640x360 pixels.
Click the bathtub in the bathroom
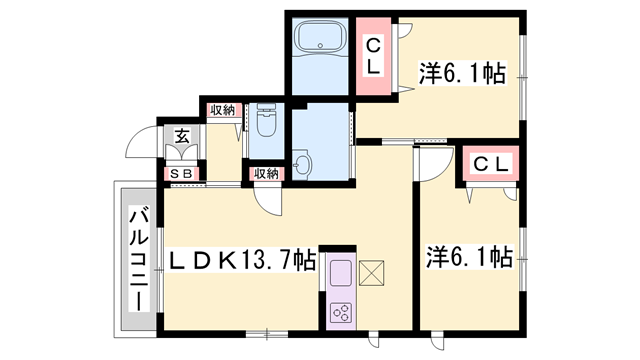pyautogui.click(x=319, y=39)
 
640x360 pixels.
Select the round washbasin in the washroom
pyautogui.click(x=304, y=164)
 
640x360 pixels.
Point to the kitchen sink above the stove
pyautogui.click(x=338, y=272)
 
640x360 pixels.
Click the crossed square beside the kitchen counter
pyautogui.click(x=371, y=272)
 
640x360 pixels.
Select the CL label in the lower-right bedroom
pyautogui.click(x=490, y=163)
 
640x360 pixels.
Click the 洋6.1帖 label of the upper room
pyautogui.click(x=461, y=72)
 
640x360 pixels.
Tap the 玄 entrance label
pyautogui.click(x=183, y=138)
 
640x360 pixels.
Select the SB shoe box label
pyautogui.click(x=182, y=175)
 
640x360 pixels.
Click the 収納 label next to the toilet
pyautogui.click(x=222, y=110)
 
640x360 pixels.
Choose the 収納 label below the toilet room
pyautogui.click(x=265, y=174)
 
